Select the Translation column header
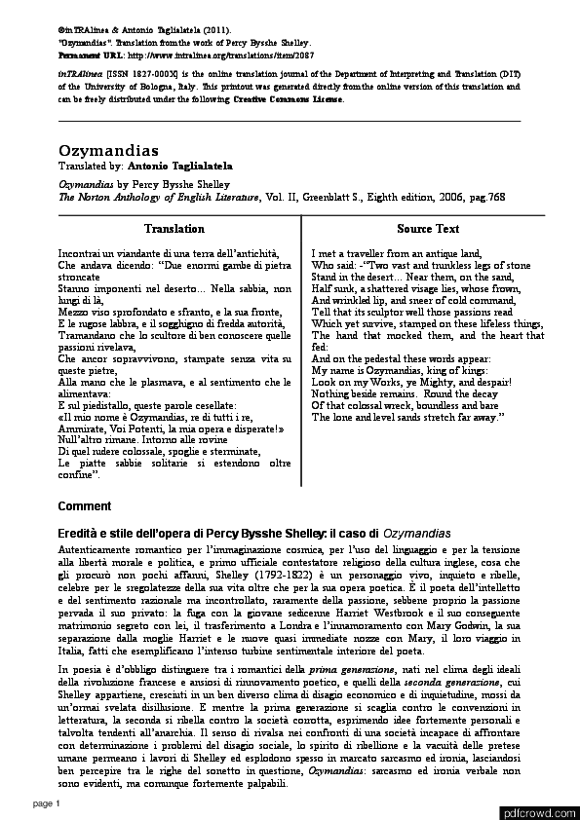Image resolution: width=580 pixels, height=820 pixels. coord(174,229)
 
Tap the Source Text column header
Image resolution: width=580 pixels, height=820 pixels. coord(428,229)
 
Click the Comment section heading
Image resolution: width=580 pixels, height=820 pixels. coord(85,506)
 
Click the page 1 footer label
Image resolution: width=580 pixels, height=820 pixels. coord(47,803)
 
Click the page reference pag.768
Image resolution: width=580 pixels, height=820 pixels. coord(485,196)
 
